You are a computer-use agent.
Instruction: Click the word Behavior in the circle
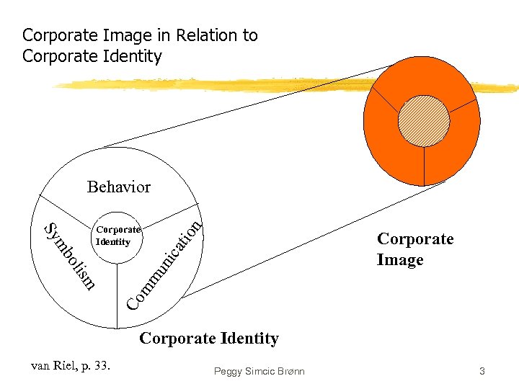click(x=119, y=187)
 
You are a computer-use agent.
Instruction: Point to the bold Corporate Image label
click(x=414, y=249)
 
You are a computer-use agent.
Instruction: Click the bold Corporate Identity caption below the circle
click(x=208, y=338)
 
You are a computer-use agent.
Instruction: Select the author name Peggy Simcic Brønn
click(x=259, y=371)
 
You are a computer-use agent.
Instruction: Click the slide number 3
click(x=482, y=371)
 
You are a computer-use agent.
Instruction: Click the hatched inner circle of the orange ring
click(x=425, y=120)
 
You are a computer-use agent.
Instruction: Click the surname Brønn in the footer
click(x=288, y=371)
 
